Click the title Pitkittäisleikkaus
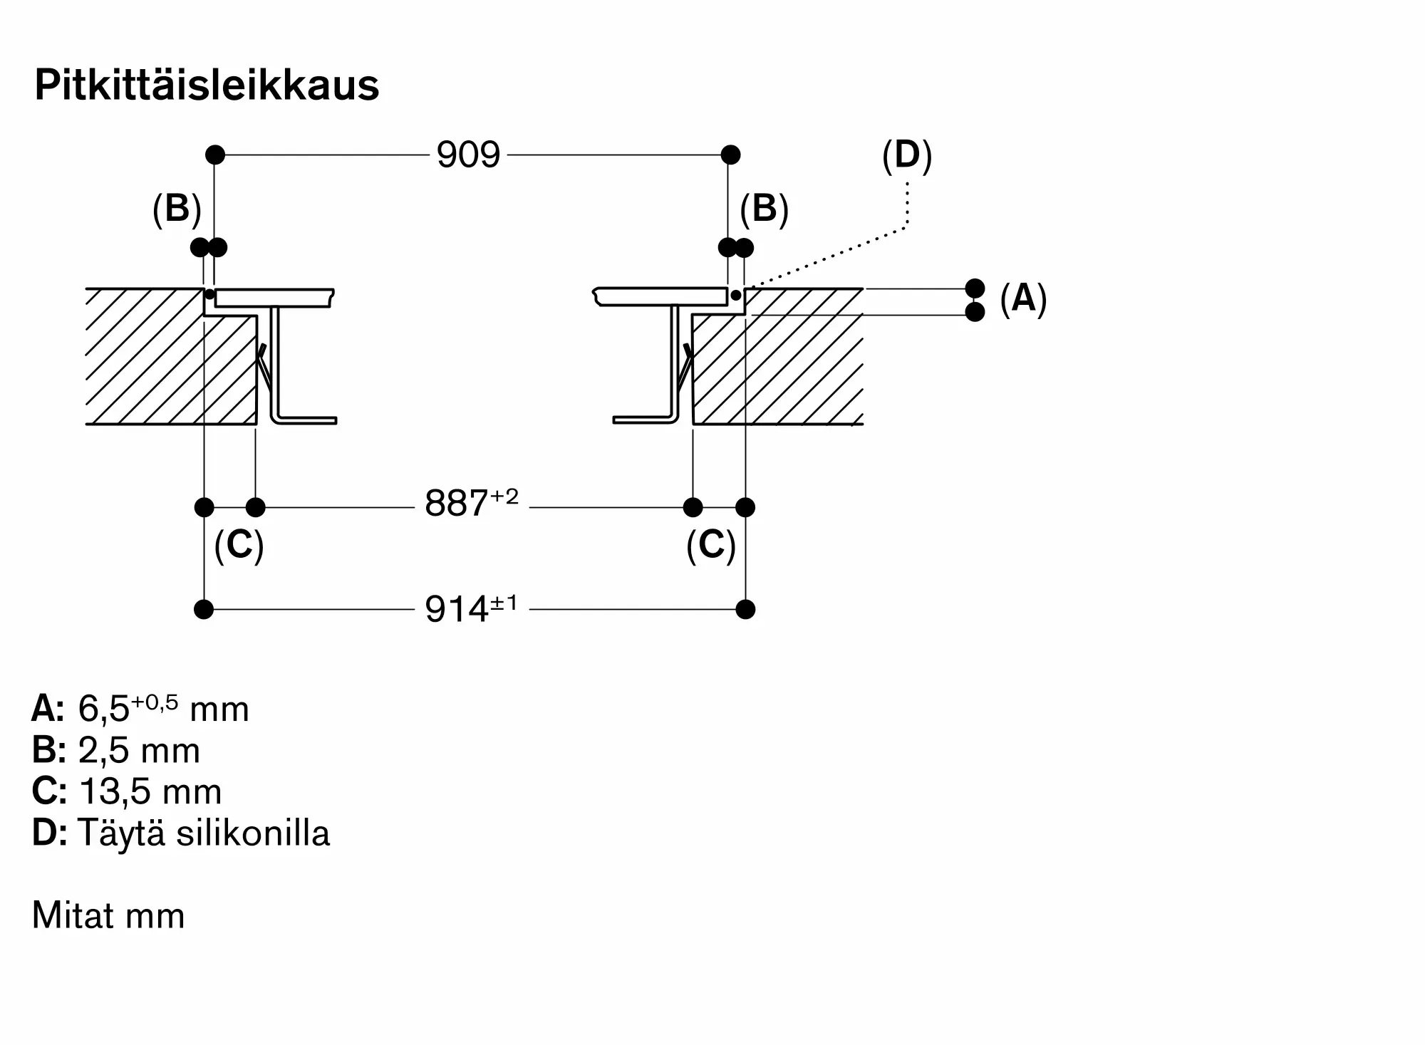click(207, 85)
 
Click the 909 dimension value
click(468, 155)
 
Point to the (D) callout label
click(907, 155)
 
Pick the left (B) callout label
click(177, 209)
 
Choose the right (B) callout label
click(764, 209)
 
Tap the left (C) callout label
click(239, 546)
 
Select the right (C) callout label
click(711, 546)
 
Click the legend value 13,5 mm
click(150, 791)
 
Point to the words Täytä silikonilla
click(204, 832)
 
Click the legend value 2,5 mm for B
click(139, 750)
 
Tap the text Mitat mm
click(108, 915)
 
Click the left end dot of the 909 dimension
click(215, 155)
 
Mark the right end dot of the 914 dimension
click(745, 609)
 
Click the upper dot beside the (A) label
click(975, 288)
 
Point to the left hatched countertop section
click(171, 356)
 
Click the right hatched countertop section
click(778, 356)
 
